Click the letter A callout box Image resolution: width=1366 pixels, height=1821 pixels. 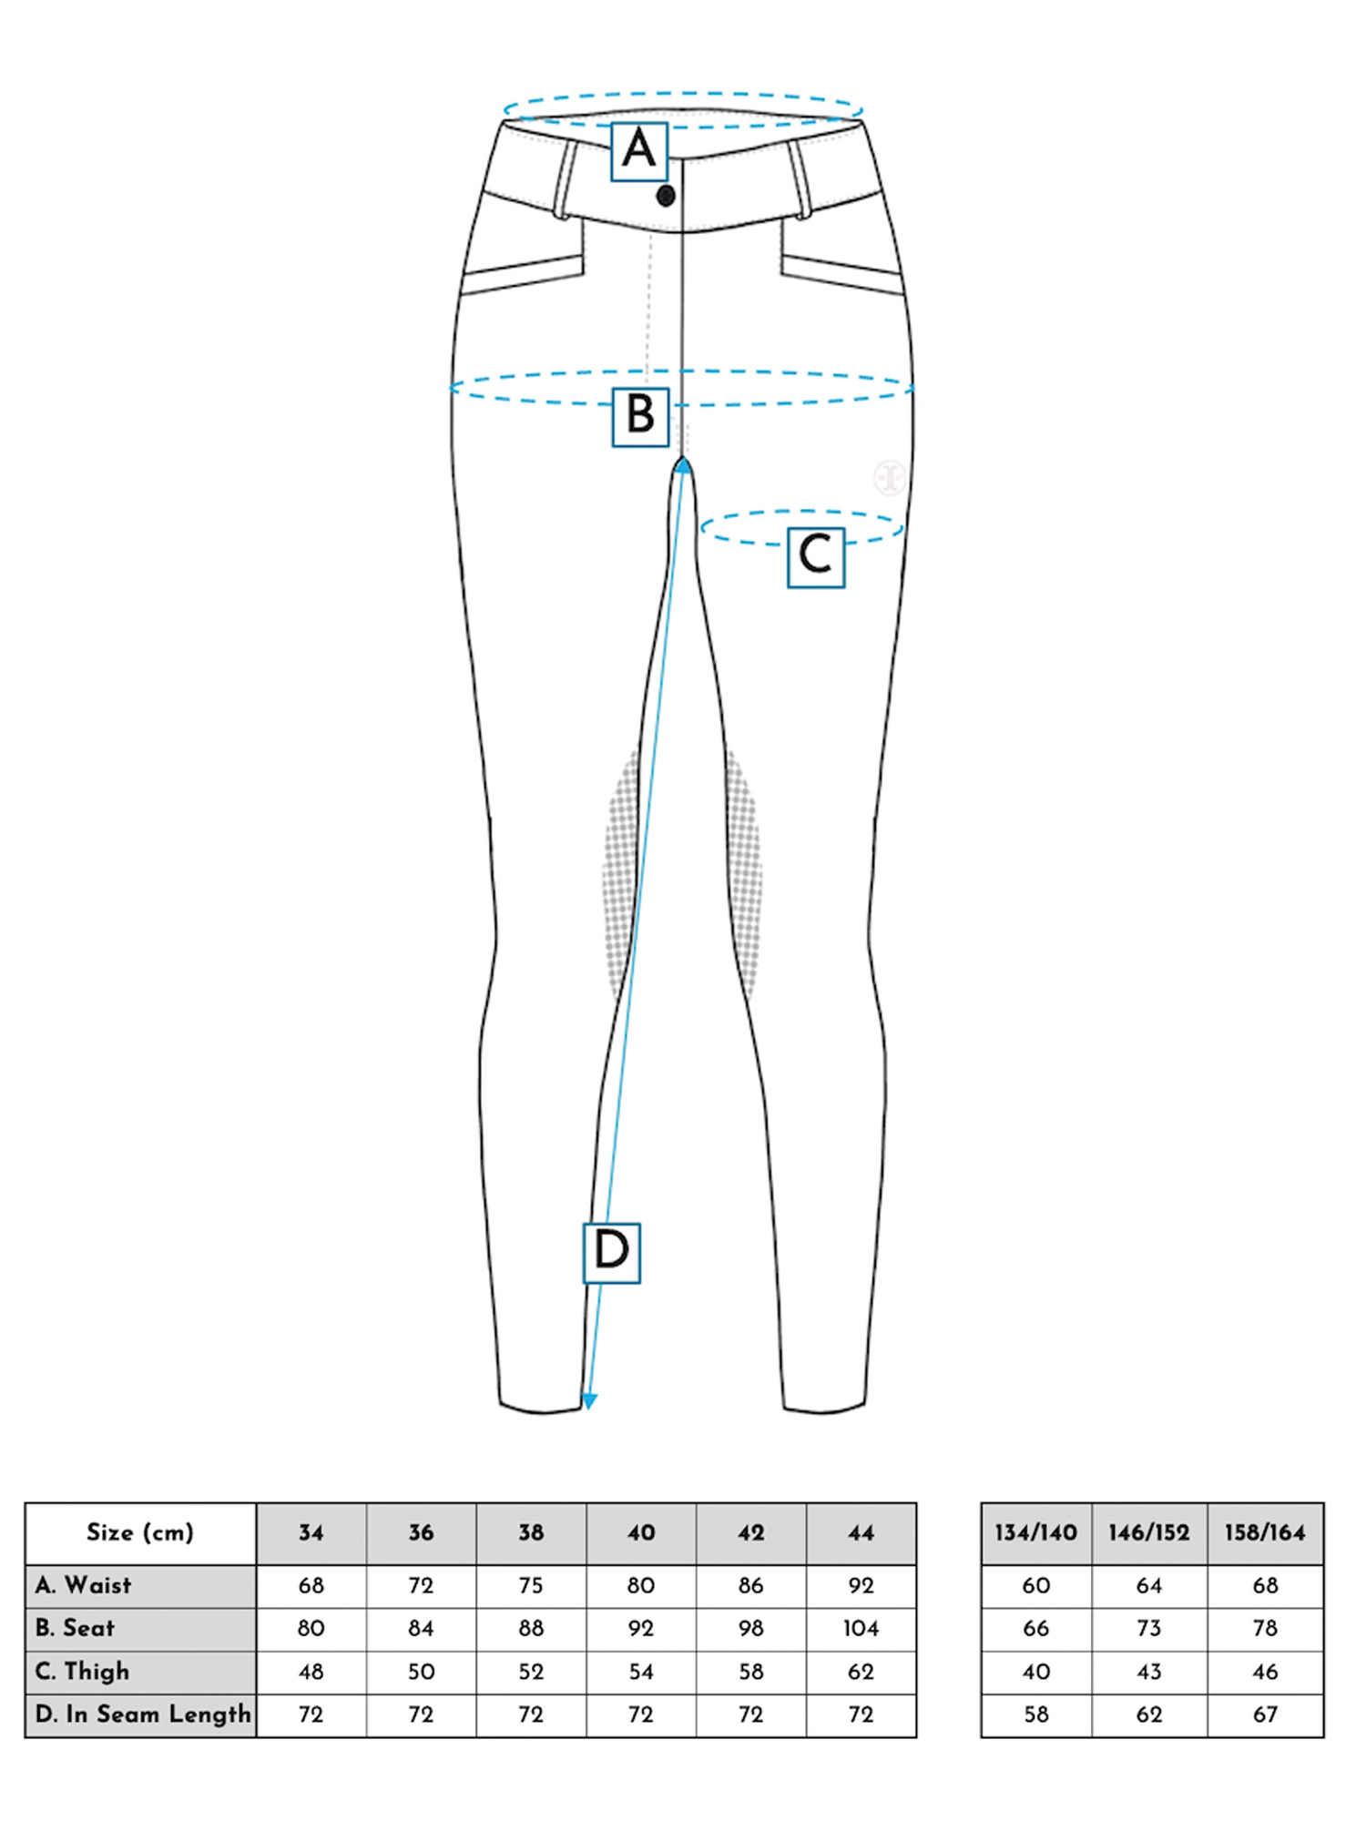click(x=639, y=151)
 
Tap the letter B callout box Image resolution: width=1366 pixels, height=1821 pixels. click(x=640, y=417)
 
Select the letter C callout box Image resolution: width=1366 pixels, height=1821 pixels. click(x=816, y=557)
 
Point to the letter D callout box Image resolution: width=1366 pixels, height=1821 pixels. click(x=611, y=1252)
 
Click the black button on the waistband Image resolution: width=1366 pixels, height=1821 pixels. click(x=666, y=196)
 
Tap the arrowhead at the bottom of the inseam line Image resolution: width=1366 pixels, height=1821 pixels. click(x=589, y=1400)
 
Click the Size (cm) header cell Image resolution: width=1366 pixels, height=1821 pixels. click(x=140, y=1533)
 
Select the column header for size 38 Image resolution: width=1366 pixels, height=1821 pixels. click(x=531, y=1533)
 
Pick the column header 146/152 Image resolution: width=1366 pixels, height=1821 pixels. click(x=1149, y=1533)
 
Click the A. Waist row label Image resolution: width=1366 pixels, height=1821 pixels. click(x=84, y=1586)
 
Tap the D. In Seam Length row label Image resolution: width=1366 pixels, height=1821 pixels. click(x=142, y=1714)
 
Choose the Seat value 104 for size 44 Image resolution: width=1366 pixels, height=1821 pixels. click(x=861, y=1628)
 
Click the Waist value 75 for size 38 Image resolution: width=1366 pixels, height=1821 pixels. click(x=531, y=1586)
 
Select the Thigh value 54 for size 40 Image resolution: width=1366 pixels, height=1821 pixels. click(x=641, y=1672)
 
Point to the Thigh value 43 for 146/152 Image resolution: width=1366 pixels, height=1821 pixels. click(x=1149, y=1672)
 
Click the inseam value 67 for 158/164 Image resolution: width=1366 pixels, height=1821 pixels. click(x=1265, y=1714)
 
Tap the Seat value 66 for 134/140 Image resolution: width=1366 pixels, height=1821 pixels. click(x=1036, y=1628)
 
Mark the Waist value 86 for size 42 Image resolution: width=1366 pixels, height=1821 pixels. click(x=750, y=1586)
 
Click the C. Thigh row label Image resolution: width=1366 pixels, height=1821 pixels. click(x=83, y=1672)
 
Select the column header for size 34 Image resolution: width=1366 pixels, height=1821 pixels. click(x=311, y=1533)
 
